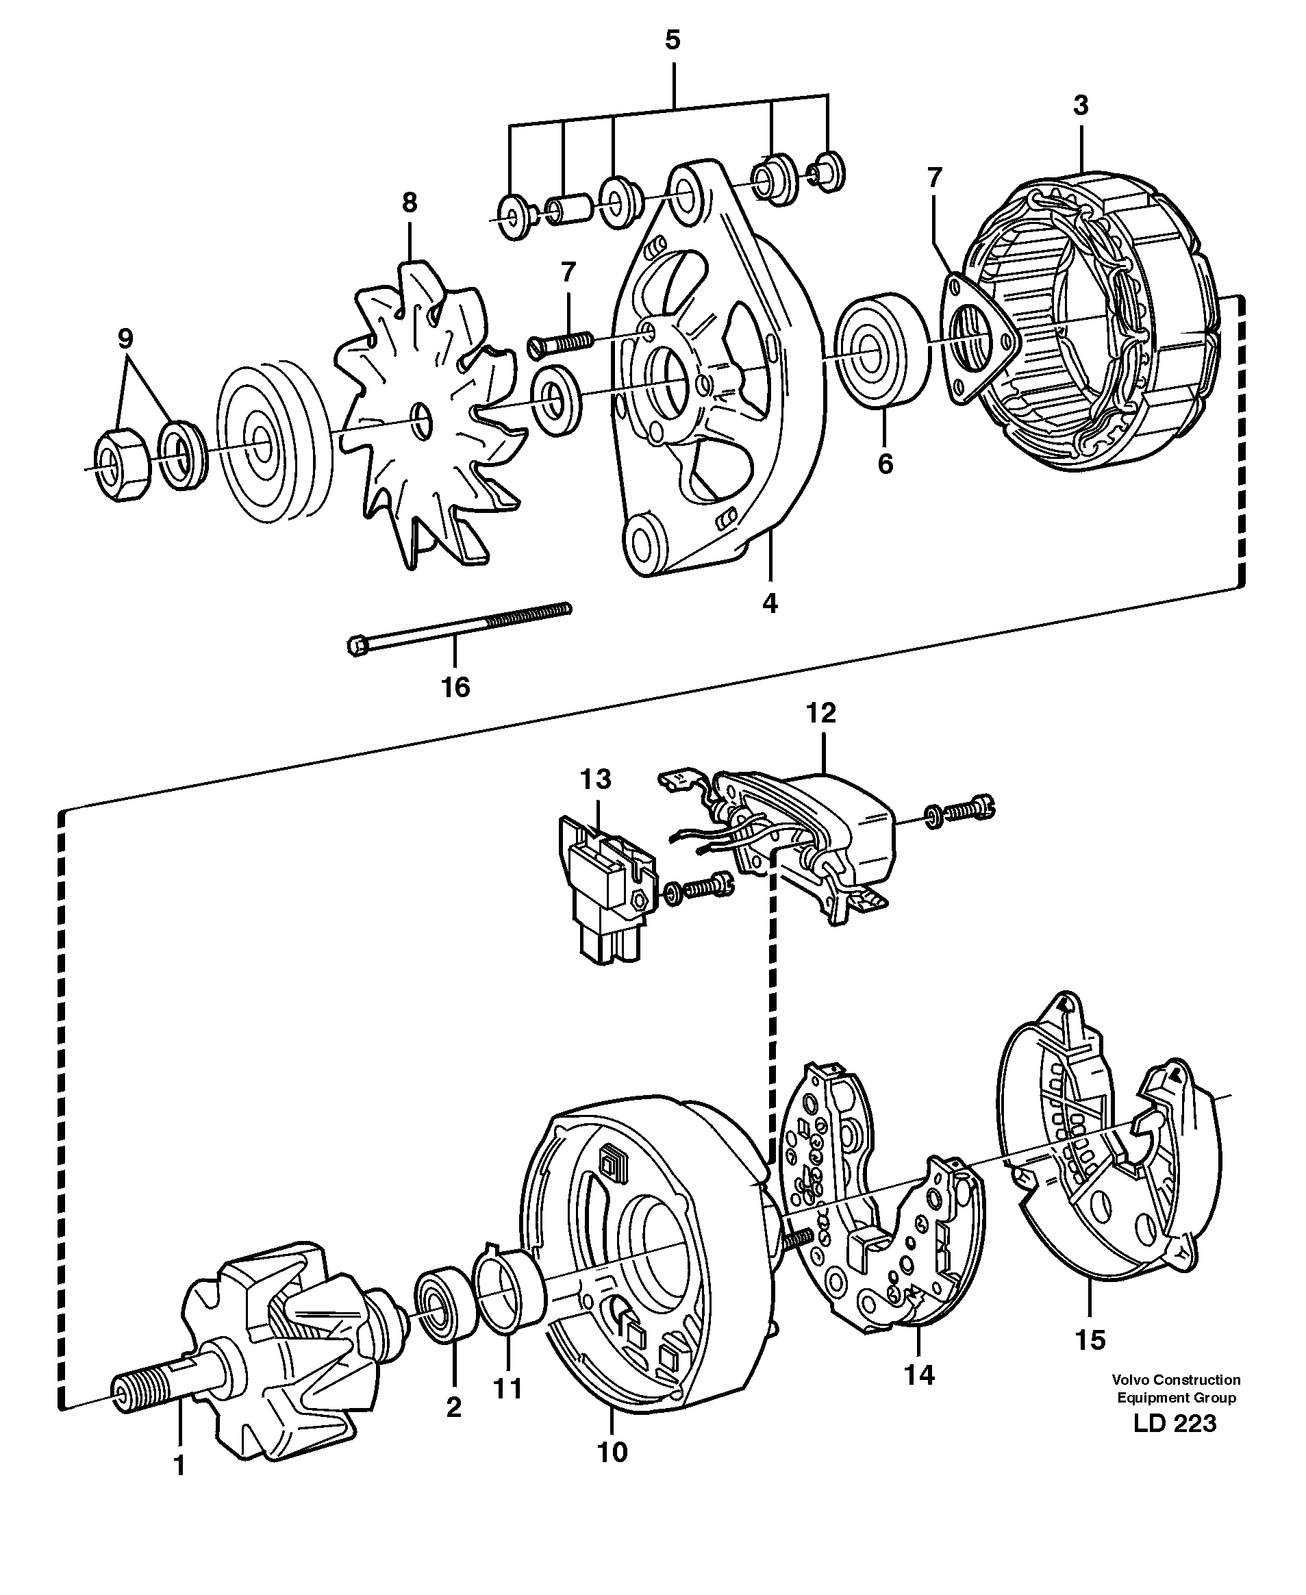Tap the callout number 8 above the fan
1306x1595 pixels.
(x=410, y=203)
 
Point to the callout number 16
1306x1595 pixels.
(x=455, y=687)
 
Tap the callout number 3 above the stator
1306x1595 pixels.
(x=1080, y=105)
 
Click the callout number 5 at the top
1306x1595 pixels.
(x=673, y=40)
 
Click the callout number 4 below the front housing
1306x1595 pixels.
(x=769, y=603)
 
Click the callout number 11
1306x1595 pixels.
(x=507, y=1388)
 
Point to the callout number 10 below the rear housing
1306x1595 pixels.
(x=612, y=1451)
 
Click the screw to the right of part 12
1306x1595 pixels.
(x=967, y=811)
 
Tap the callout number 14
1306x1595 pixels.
(x=918, y=1374)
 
